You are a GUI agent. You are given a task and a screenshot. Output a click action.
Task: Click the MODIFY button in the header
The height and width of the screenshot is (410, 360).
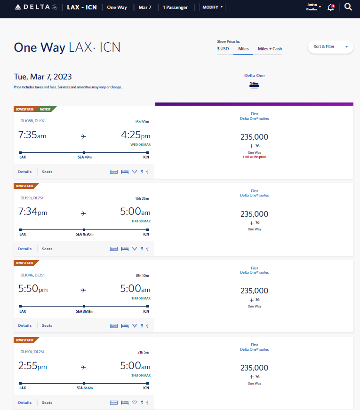pos(212,8)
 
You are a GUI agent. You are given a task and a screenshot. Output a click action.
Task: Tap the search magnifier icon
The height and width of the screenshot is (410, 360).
pos(348,7)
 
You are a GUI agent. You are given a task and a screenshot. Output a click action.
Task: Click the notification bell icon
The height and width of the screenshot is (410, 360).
pos(330,8)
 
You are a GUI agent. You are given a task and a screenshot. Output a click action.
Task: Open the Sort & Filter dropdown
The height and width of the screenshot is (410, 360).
pos(330,47)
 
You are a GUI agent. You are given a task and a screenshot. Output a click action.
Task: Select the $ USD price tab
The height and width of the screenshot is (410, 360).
pos(223,49)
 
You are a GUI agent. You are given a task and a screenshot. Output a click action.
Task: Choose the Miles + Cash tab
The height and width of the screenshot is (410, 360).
pos(270,49)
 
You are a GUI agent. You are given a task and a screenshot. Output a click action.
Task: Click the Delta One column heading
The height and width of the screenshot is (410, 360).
pos(254,76)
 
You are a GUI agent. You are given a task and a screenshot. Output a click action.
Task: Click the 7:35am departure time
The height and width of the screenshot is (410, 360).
pos(32,135)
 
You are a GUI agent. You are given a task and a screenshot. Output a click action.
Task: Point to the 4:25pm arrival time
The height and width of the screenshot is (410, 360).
pos(135,135)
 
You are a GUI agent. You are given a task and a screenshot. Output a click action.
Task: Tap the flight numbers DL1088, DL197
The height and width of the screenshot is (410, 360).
pos(32,121)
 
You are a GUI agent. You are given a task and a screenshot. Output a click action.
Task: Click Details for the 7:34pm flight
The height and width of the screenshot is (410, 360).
pos(25,249)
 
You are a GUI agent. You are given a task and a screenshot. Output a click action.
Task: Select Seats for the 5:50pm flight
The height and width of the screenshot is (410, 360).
pos(47,325)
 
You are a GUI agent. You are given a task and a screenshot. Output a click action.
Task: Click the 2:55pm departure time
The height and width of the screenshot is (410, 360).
pos(32,367)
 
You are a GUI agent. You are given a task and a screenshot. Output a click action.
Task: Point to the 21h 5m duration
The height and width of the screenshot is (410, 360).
pos(142,352)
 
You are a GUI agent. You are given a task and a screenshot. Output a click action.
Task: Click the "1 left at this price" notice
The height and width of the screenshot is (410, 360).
pos(254,157)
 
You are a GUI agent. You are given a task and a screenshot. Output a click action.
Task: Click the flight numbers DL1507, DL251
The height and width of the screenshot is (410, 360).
pos(32,352)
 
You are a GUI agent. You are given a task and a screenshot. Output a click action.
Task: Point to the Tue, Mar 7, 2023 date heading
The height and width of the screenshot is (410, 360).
pos(43,77)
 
